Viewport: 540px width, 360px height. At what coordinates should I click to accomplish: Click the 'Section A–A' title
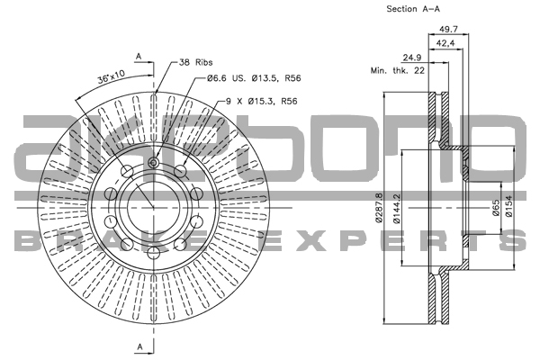pos(413,9)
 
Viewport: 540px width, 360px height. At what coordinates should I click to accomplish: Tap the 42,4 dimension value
pos(445,43)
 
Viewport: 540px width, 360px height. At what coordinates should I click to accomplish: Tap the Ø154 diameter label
pos(508,209)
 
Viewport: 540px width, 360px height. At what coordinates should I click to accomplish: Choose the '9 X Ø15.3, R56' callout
pos(260,102)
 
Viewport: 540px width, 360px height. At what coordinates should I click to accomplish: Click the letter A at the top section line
pos(139,56)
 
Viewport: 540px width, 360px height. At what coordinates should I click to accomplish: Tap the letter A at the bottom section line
pos(139,346)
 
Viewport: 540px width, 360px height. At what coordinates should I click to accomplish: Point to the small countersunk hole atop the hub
pos(153,162)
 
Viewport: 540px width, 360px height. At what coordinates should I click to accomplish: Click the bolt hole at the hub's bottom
pos(153,256)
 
